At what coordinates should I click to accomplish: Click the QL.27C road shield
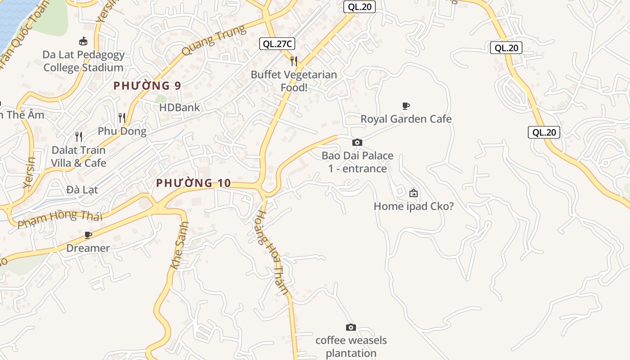277,44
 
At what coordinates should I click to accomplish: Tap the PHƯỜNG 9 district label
147,85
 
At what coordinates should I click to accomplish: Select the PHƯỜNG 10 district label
193,183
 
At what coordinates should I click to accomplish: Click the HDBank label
180,108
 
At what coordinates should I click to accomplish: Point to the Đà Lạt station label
82,189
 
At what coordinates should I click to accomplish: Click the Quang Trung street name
214,40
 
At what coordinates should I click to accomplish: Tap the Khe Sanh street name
180,246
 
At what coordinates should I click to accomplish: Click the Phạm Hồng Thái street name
60,218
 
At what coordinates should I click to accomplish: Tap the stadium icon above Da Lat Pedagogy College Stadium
83,41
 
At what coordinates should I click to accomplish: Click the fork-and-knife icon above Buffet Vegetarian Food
294,61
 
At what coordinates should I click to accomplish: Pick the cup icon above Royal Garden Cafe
406,106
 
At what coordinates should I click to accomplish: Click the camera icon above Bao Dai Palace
357,143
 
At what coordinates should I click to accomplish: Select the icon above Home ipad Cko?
414,193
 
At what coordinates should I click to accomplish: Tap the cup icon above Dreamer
88,235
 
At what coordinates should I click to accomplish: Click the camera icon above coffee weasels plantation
351,327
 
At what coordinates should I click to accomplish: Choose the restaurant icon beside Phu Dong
122,118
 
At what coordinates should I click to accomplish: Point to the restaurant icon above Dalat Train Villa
79,136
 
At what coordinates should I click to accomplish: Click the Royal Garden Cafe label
406,119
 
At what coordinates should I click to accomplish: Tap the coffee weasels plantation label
351,346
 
